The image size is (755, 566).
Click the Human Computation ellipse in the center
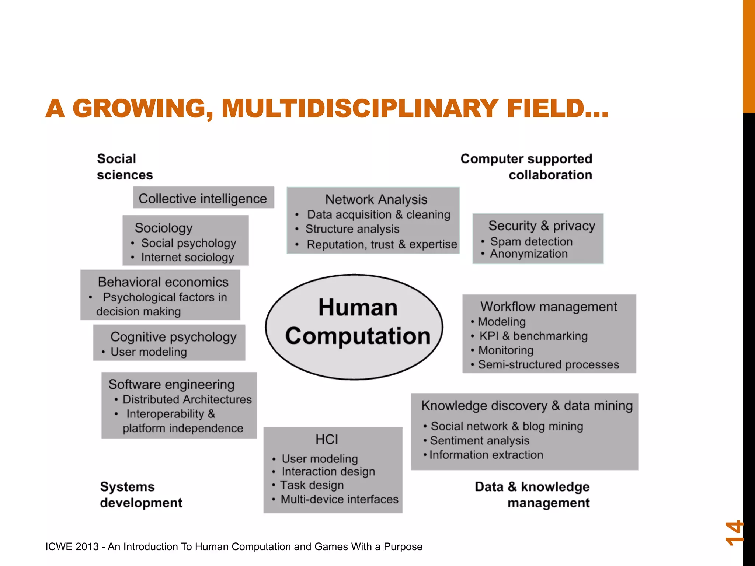coord(354,326)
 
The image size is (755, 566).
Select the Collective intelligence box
coord(203,198)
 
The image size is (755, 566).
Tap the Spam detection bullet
coord(531,241)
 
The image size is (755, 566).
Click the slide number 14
coord(734,533)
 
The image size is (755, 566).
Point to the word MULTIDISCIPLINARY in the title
coord(360,108)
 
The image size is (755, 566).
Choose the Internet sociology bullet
coord(187,257)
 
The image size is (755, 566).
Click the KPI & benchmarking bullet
coord(533,336)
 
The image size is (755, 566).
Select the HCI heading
coord(327,439)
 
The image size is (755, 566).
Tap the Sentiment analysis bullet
coord(479,440)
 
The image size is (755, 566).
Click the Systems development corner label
coord(141,495)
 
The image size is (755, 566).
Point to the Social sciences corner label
coord(124,167)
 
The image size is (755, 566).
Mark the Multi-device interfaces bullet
coord(339,499)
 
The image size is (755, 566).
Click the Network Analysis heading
coord(376,199)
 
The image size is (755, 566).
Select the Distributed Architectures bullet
coord(187,399)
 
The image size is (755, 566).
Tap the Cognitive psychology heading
coord(173,337)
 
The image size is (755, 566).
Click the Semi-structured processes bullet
coord(548,364)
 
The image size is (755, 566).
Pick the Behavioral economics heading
coord(163,282)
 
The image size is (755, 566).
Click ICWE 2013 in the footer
coord(72,546)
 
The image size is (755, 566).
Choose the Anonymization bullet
coord(528,254)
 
